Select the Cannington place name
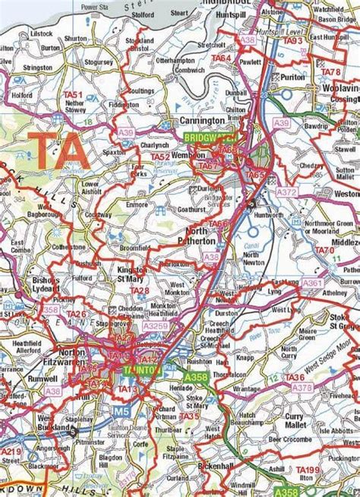coord(202,121)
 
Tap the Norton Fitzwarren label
coord(61,357)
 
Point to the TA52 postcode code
coord(160,157)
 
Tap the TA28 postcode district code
coord(139,290)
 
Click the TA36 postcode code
coord(295,378)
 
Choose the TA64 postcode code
coord(221,58)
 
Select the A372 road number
coord(286,193)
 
